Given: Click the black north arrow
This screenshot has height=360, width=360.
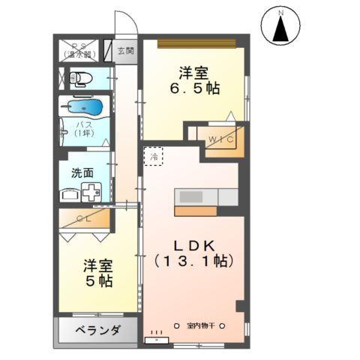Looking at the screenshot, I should click(280, 31).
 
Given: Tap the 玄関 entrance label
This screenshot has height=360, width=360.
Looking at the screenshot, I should click(125, 51).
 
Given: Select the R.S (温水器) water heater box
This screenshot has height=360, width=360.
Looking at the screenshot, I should click(79, 51).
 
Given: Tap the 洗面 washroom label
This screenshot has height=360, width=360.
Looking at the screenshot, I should click(82, 172).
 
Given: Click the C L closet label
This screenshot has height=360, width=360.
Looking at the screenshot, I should click(84, 220).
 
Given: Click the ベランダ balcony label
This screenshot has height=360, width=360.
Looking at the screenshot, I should click(97, 330).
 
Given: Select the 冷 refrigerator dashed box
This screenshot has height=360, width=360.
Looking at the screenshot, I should click(153, 157).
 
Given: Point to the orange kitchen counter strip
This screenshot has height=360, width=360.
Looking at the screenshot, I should click(196, 209).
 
